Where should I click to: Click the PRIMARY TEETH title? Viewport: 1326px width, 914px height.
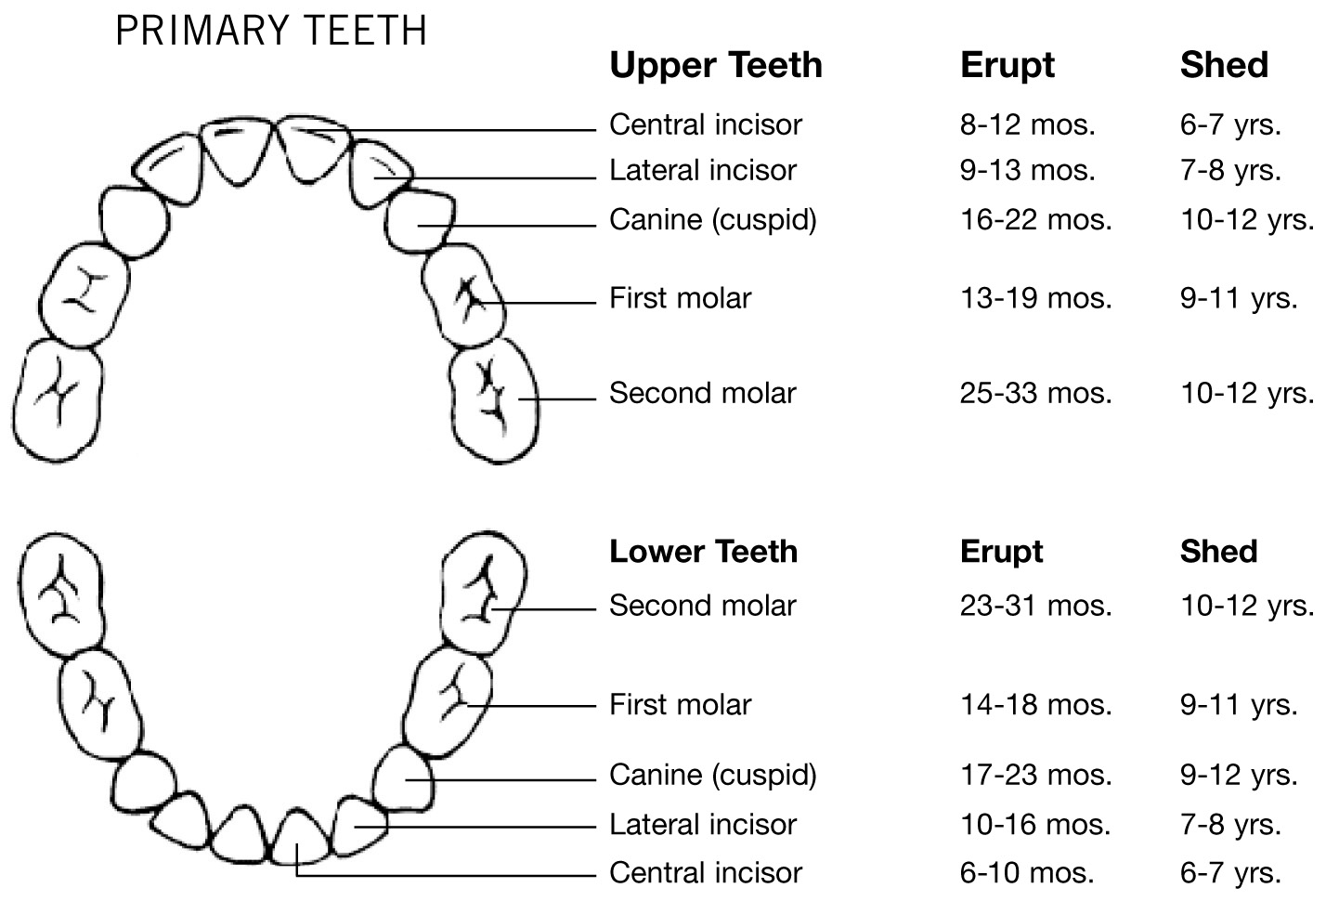tap(271, 31)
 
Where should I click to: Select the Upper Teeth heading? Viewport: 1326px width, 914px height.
tap(716, 65)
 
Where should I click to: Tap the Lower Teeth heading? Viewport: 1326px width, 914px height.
tap(703, 551)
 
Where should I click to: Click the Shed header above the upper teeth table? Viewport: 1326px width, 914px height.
tap(1224, 64)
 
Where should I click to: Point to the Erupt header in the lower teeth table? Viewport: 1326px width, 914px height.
tap(1001, 553)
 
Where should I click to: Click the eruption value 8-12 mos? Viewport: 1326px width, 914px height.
tap(1028, 124)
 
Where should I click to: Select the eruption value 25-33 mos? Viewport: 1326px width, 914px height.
tap(1036, 393)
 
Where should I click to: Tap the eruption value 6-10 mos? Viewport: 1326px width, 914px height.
tap(1027, 872)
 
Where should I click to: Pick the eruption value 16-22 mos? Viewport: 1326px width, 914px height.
tap(1036, 219)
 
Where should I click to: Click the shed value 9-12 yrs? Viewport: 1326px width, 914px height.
tap(1239, 775)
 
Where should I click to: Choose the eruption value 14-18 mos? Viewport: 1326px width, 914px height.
tap(1036, 704)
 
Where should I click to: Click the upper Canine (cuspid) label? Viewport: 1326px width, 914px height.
tap(713, 219)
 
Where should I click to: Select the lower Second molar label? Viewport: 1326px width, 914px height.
tap(703, 605)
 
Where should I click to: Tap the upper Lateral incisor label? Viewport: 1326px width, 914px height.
tap(703, 170)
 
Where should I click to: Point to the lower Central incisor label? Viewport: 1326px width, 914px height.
tap(706, 872)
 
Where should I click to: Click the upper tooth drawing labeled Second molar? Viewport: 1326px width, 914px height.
tap(494, 400)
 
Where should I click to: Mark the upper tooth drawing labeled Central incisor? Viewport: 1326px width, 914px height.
tap(314, 148)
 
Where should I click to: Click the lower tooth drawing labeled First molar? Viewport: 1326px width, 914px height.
tap(448, 701)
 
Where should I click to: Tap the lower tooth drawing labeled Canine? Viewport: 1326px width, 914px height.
tap(404, 779)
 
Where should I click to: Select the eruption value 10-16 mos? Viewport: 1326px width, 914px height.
tap(1035, 824)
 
